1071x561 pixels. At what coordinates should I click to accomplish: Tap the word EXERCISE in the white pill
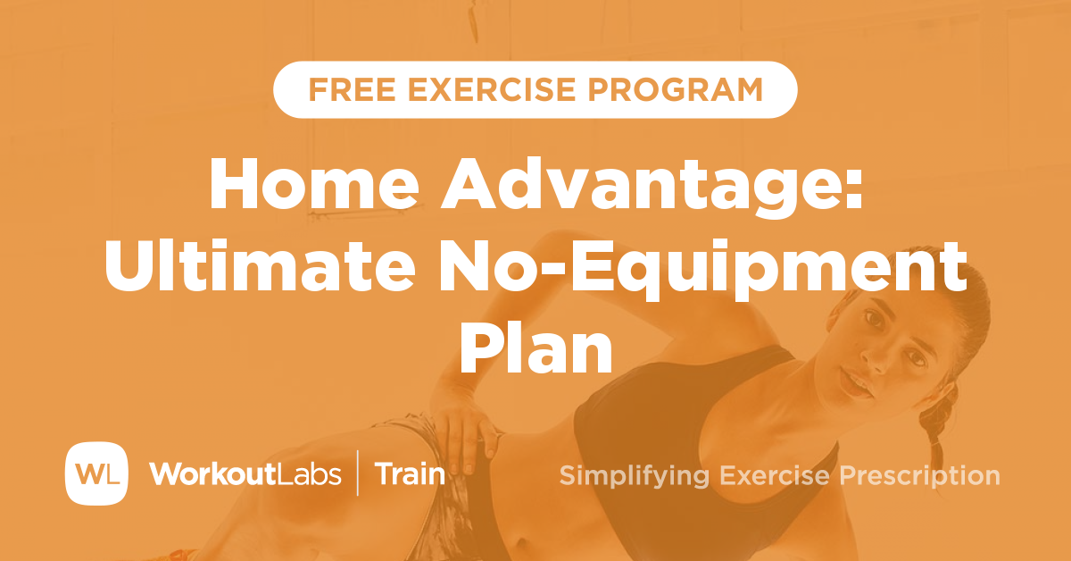coord(472,89)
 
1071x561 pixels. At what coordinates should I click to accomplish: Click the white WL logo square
coord(96,473)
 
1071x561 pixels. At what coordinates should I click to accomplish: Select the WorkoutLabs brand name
coord(245,473)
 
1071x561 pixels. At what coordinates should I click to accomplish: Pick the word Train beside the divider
coord(410,473)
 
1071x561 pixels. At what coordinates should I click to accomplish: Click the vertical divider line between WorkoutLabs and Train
coord(359,473)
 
